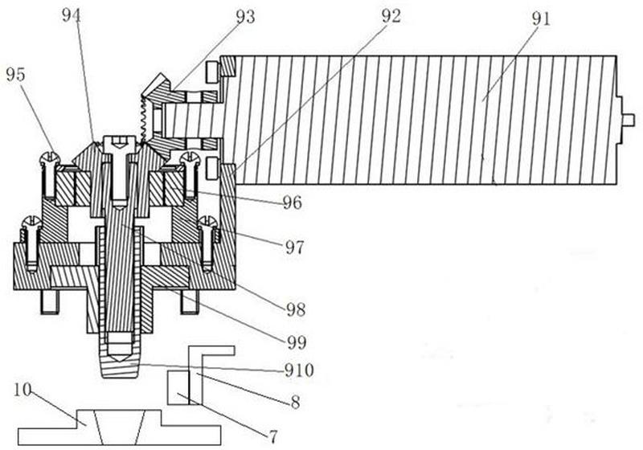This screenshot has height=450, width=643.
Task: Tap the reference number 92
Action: click(x=391, y=17)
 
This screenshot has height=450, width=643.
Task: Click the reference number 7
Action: click(x=273, y=436)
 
